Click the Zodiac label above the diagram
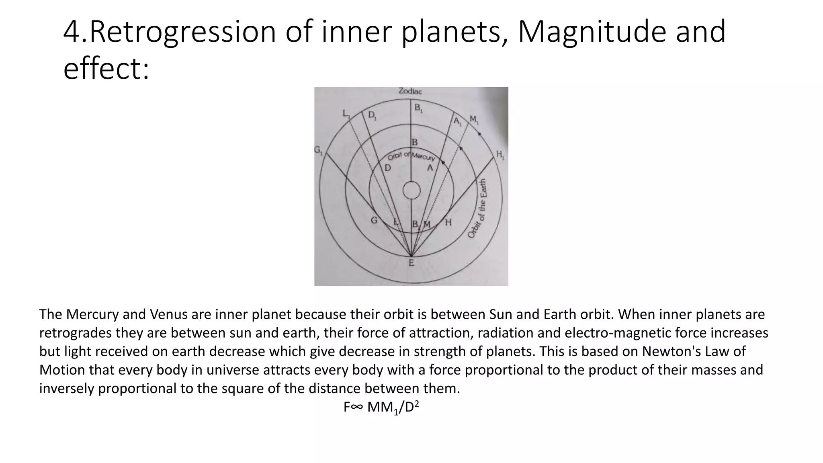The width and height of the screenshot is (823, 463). (x=410, y=91)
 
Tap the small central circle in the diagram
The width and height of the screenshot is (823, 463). (x=411, y=191)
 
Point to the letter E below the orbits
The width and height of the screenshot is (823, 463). (x=411, y=263)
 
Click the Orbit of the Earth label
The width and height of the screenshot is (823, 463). (x=478, y=208)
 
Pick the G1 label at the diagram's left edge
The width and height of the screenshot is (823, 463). (x=318, y=151)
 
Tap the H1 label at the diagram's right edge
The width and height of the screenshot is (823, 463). (x=500, y=154)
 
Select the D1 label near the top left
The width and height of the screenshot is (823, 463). (x=373, y=116)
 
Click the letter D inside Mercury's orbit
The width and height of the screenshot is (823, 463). (x=387, y=168)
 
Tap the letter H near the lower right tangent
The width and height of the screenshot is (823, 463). (x=448, y=222)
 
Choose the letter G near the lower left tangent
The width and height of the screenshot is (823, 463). (x=374, y=221)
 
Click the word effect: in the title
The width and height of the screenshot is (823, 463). (x=106, y=68)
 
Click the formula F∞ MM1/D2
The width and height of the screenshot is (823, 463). (x=381, y=408)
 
